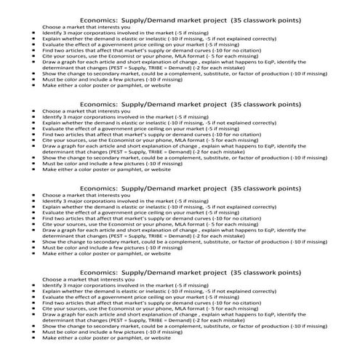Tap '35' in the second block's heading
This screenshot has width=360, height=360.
(233, 104)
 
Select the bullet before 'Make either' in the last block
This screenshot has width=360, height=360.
(34, 337)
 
